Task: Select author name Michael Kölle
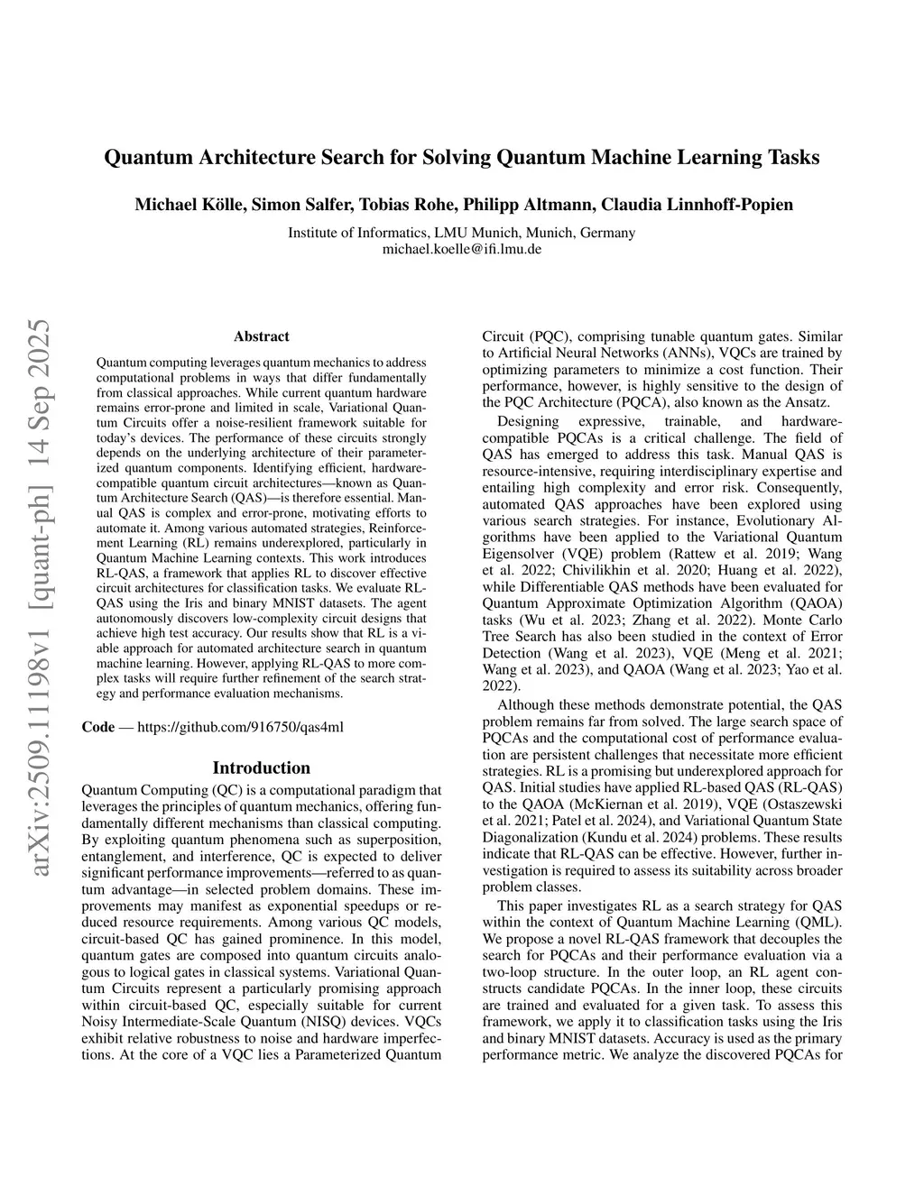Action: click(x=189, y=205)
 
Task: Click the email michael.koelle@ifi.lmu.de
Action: click(x=461, y=249)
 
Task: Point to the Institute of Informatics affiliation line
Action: click(x=461, y=233)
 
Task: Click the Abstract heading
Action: click(x=262, y=336)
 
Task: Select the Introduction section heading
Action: click(x=262, y=768)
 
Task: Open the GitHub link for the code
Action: click(x=240, y=727)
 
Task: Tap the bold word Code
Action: click(x=98, y=727)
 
